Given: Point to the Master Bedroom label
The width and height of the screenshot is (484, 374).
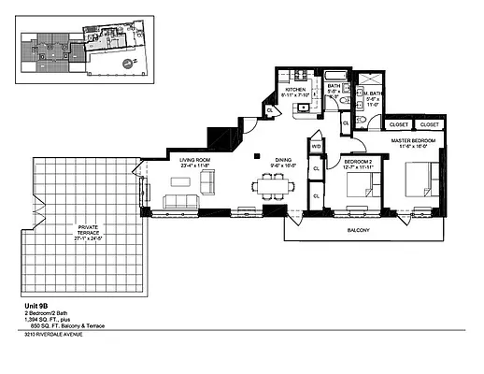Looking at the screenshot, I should [x=411, y=139].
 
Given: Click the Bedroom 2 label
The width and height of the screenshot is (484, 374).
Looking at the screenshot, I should [x=359, y=162].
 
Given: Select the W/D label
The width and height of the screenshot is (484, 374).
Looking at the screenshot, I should [x=316, y=147].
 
